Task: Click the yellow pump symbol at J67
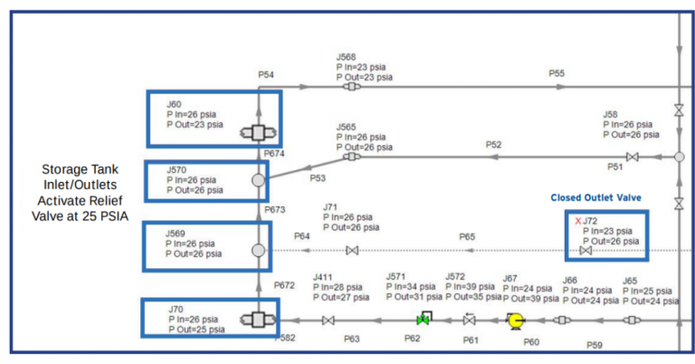(x=515, y=320)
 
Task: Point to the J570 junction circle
(x=258, y=180)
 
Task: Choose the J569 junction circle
(x=258, y=250)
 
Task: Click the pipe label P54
(x=267, y=73)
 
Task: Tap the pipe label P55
(x=557, y=73)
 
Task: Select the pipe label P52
(x=493, y=144)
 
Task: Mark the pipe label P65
(x=467, y=236)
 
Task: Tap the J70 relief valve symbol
(x=258, y=320)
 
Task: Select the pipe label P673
(x=275, y=209)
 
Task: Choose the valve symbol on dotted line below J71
(x=352, y=250)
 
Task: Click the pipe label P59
(x=595, y=345)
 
